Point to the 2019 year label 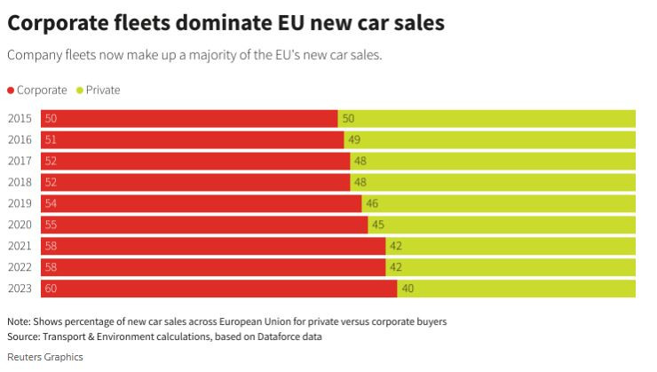pos(20,203)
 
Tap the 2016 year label pos(20,140)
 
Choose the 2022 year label pos(20,267)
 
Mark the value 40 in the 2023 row pos(408,289)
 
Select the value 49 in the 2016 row pos(354,140)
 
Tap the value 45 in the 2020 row pos(378,225)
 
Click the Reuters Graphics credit pos(44,357)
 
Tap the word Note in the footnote pos(19,321)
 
